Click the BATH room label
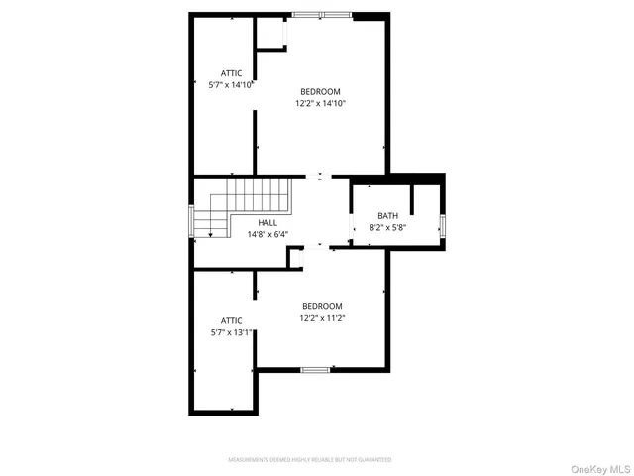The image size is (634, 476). [387, 216]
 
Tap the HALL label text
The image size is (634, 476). [267, 223]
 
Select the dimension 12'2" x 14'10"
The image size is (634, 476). [321, 103]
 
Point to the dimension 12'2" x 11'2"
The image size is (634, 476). [322, 318]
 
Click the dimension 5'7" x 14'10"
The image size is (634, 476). [232, 85]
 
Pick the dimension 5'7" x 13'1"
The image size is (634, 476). [232, 332]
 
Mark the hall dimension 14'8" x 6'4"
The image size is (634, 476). [267, 235]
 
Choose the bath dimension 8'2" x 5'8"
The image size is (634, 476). [387, 228]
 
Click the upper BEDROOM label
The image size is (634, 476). [321, 92]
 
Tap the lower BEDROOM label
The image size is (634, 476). [322, 306]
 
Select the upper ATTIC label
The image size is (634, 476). [232, 73]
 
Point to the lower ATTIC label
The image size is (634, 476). [232, 320]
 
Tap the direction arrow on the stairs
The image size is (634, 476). [210, 229]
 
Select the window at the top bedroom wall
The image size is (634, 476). [321, 15]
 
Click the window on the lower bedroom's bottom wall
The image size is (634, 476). [315, 370]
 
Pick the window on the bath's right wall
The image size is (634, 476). [443, 226]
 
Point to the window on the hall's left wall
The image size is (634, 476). [191, 222]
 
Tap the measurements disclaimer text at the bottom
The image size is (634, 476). [310, 460]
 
